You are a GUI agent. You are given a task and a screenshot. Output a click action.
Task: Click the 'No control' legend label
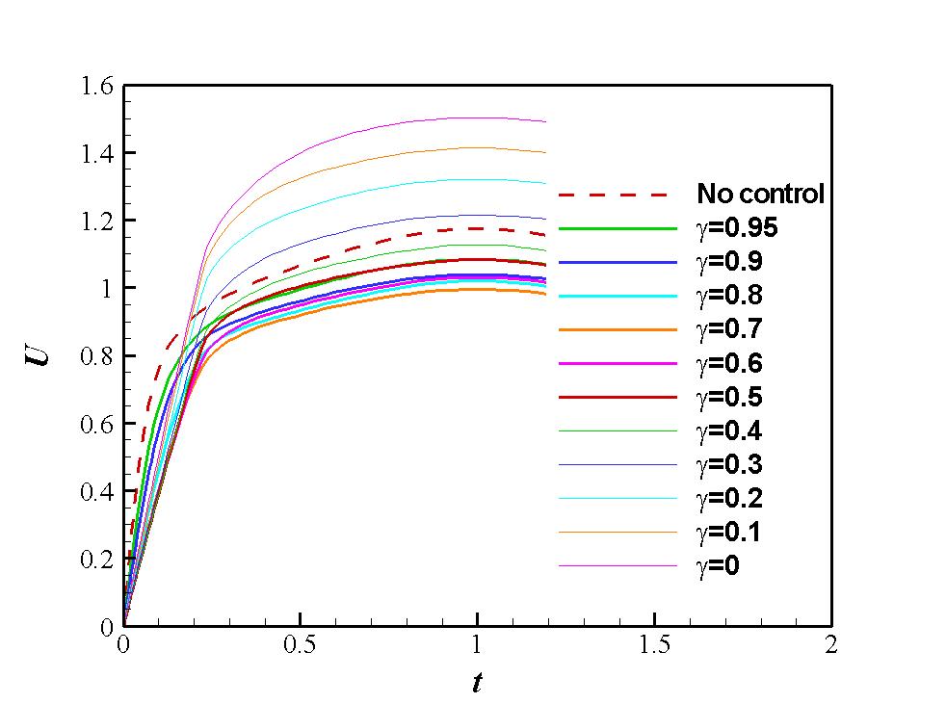(x=760, y=194)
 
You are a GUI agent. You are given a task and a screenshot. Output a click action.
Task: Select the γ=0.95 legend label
(x=737, y=228)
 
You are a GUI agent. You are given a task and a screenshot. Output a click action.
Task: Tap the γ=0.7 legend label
(x=729, y=328)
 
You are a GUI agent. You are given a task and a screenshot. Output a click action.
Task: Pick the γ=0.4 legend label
(x=729, y=430)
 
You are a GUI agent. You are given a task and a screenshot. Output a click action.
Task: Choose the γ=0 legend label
(x=718, y=566)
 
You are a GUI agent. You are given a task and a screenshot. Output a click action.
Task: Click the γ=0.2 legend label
(x=729, y=498)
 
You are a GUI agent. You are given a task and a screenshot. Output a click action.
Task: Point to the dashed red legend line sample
(x=613, y=195)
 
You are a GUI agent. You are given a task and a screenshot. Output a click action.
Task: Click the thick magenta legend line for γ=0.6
(x=618, y=363)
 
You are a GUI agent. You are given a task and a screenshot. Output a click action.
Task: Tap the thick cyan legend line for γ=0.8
(x=618, y=296)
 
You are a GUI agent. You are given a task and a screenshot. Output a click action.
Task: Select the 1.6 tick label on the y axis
(x=96, y=87)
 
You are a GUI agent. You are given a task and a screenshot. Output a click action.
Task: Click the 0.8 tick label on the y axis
(x=96, y=356)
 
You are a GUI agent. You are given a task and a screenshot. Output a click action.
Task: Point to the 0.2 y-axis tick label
(x=96, y=560)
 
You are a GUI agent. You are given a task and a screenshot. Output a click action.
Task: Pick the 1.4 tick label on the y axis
(x=96, y=153)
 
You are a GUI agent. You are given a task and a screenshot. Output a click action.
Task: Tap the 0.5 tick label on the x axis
(x=300, y=645)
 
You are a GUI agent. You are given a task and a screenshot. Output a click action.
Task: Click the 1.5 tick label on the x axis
(x=655, y=645)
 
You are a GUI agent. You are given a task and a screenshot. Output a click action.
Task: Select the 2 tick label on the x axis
(x=831, y=645)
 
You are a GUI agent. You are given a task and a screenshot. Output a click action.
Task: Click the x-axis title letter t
(x=477, y=682)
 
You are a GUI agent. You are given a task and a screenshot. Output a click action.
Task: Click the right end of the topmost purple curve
(x=545, y=122)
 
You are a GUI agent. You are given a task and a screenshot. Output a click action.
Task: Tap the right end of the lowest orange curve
(x=545, y=295)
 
